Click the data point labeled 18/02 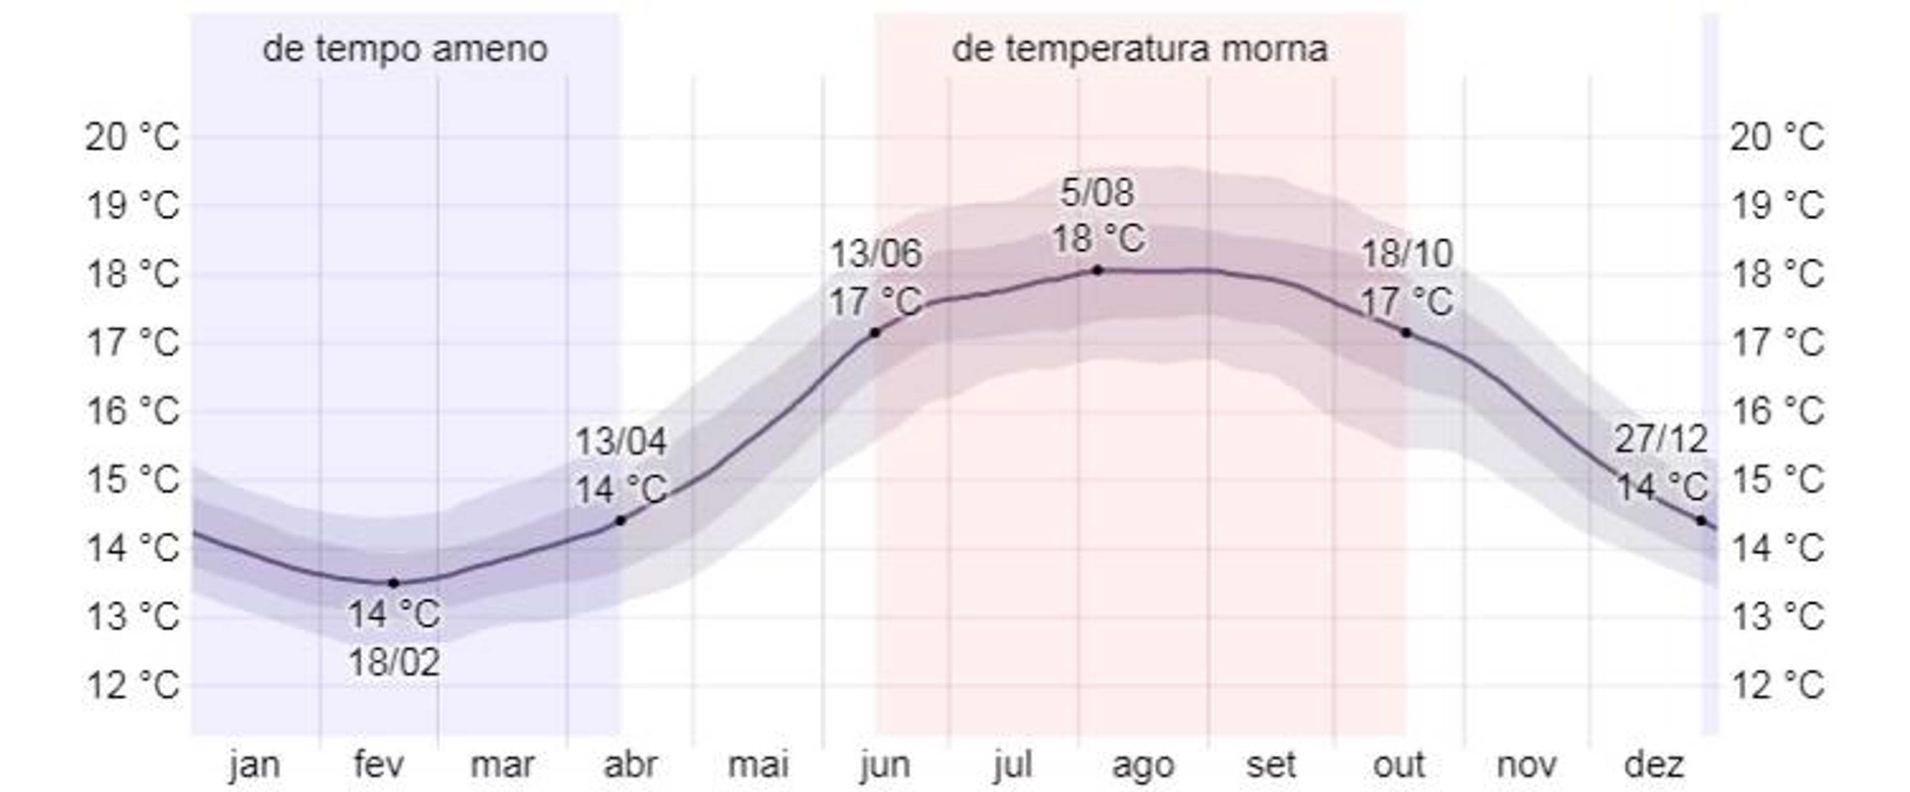tap(394, 583)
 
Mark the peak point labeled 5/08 tap(1097, 270)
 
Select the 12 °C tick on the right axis tap(1777, 685)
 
